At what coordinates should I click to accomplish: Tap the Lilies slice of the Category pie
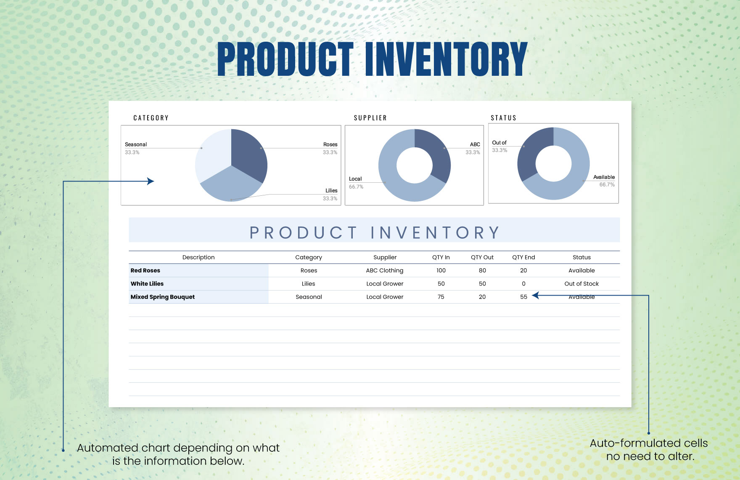pos(231,185)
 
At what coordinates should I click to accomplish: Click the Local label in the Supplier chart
pos(355,179)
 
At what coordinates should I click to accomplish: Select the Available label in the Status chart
pos(604,177)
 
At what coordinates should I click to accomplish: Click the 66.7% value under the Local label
pos(356,187)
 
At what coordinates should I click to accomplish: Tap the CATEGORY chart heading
pos(151,118)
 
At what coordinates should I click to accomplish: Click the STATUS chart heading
pos(503,118)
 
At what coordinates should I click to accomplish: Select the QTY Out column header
pos(482,257)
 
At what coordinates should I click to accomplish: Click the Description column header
pos(198,257)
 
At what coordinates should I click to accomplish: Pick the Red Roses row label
pos(145,271)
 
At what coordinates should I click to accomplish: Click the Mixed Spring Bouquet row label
pos(163,297)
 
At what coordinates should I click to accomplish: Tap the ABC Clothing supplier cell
pos(384,271)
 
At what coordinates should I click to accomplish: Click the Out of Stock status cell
pos(581,284)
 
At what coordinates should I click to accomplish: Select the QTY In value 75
pos(441,297)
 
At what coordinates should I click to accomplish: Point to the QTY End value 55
pos(523,297)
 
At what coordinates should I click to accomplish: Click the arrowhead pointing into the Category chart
pos(151,181)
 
